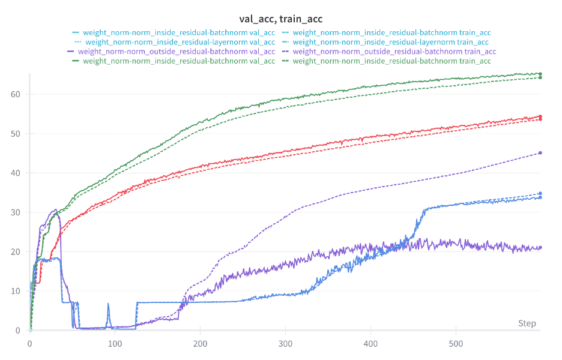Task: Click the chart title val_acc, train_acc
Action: (x=281, y=19)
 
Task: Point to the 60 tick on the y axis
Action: (x=16, y=94)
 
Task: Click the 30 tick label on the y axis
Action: (x=16, y=212)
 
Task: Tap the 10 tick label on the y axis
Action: (x=16, y=291)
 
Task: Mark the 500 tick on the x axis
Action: (x=456, y=344)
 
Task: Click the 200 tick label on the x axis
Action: (x=201, y=344)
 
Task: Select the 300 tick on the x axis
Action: (x=286, y=344)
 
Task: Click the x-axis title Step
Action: (x=527, y=323)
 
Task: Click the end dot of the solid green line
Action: (x=540, y=74)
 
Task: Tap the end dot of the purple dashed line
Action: (x=540, y=153)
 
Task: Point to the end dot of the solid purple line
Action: (x=540, y=248)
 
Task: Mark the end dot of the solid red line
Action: (x=540, y=116)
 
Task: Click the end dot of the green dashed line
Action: (x=540, y=77)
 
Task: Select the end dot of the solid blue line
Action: (x=540, y=197)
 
